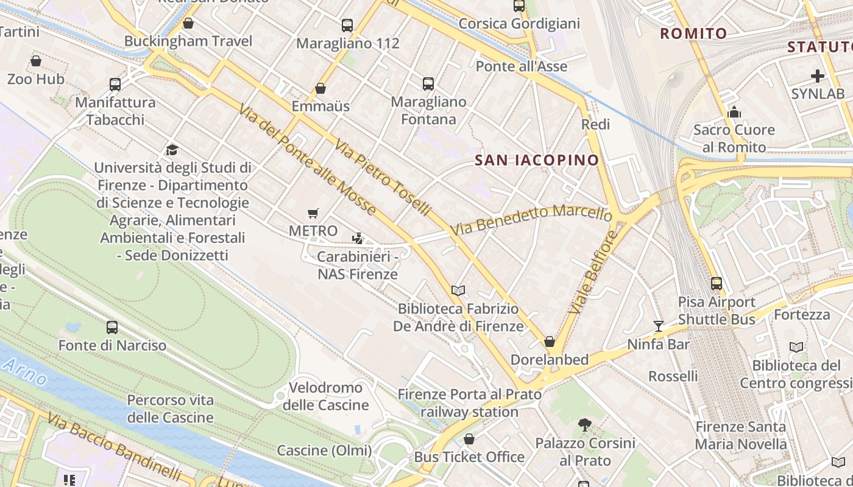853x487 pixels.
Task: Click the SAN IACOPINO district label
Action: [x=537, y=160]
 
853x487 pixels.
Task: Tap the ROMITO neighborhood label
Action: [x=693, y=33]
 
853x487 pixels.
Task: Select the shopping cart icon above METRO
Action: [x=313, y=213]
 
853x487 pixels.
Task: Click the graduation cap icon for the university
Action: [x=172, y=150]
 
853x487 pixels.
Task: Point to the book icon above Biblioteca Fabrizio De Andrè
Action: [x=458, y=291]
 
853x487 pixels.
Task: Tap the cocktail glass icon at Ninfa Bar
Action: [x=658, y=326]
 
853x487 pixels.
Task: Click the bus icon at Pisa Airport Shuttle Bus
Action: [x=717, y=284]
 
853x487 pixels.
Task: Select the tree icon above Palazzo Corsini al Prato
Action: [x=585, y=425]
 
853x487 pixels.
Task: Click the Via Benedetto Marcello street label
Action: [x=531, y=220]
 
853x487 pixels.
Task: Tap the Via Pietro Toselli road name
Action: [x=383, y=177]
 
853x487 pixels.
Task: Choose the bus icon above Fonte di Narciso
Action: [x=112, y=328]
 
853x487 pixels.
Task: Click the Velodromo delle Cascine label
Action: [x=325, y=396]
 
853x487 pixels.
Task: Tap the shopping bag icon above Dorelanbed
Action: [x=550, y=342]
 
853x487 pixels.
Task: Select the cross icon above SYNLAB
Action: [x=818, y=76]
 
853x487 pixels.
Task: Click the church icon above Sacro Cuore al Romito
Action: [x=734, y=112]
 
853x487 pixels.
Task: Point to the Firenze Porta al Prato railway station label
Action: [x=469, y=403]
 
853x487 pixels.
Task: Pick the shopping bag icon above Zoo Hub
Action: [x=36, y=61]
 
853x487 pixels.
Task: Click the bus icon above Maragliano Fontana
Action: [x=428, y=84]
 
